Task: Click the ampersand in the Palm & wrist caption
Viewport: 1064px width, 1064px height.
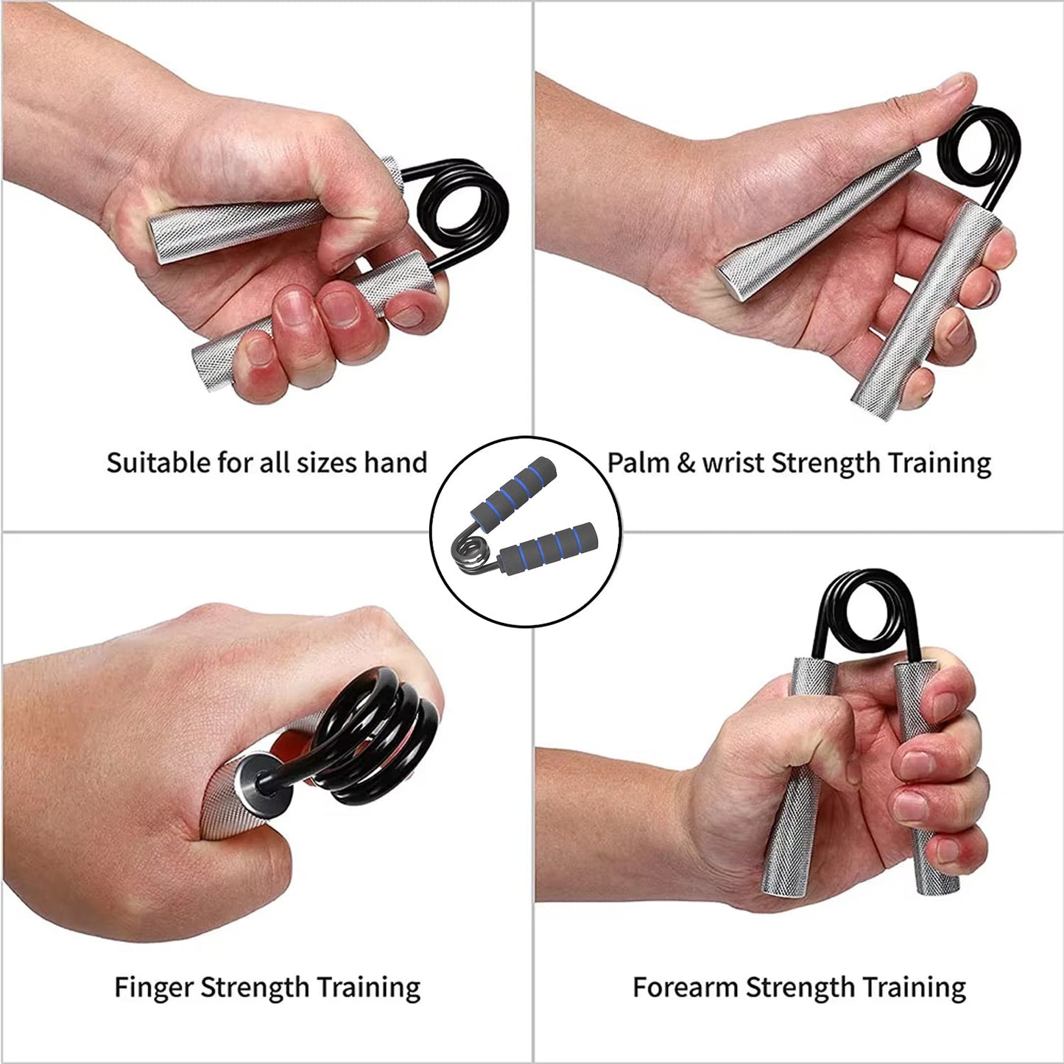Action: [686, 464]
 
